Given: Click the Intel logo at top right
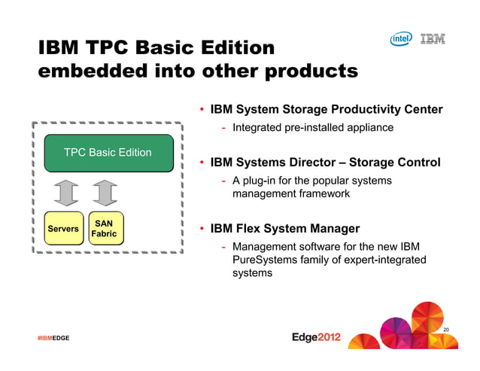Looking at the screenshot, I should click(x=401, y=38).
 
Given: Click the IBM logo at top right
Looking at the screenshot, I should click(x=432, y=38).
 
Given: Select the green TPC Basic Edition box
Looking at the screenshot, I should click(x=108, y=153).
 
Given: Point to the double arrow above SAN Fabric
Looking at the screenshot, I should click(x=106, y=192).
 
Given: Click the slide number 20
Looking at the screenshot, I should click(x=446, y=330).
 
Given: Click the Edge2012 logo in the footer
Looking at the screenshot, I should click(x=316, y=337).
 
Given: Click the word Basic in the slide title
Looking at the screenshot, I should click(x=172, y=47).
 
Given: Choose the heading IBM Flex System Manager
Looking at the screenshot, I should click(x=284, y=229).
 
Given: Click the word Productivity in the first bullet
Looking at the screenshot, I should click(x=360, y=110).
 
